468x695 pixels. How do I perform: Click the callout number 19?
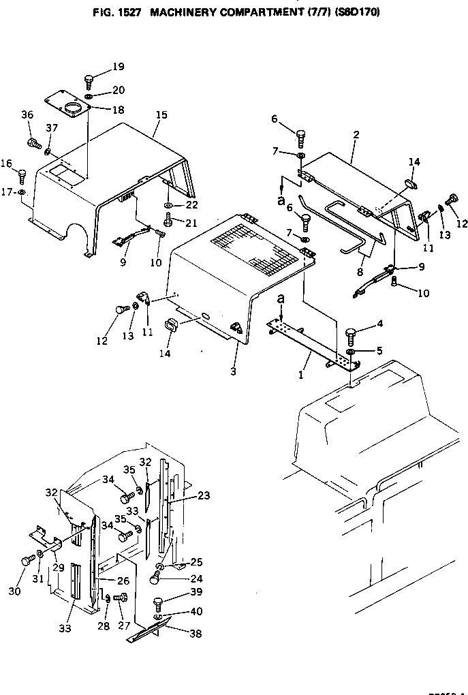point(119,67)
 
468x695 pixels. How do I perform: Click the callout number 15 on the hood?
point(161,114)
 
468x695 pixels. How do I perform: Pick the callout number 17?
point(6,192)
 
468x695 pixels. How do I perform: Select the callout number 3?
point(233,371)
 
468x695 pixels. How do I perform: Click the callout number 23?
point(204,497)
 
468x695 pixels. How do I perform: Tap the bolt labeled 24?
point(156,578)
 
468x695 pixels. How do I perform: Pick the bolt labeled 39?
point(159,602)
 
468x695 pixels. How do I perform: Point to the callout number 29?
point(58,566)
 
